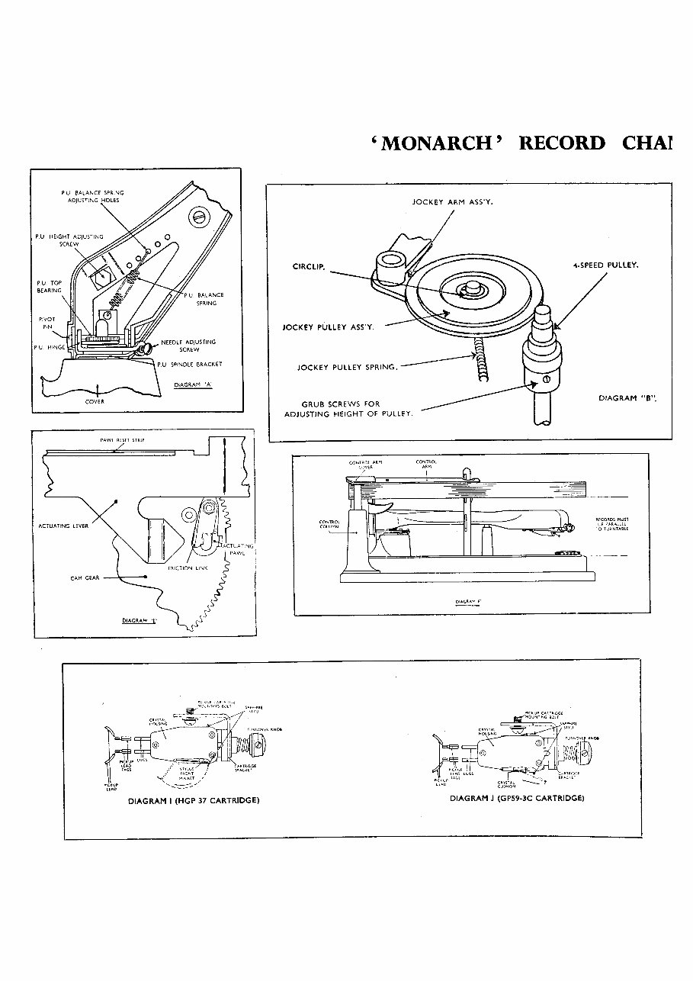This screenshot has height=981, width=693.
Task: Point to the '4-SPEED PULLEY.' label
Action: click(x=605, y=265)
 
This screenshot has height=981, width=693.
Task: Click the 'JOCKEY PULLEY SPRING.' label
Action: click(x=347, y=367)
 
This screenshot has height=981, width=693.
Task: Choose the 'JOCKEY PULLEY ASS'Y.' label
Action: click(x=328, y=327)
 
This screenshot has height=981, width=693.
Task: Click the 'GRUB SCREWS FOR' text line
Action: click(x=341, y=404)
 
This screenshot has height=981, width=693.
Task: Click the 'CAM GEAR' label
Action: click(x=85, y=577)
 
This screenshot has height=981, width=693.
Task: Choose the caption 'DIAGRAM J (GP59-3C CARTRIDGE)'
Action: click(x=517, y=798)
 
